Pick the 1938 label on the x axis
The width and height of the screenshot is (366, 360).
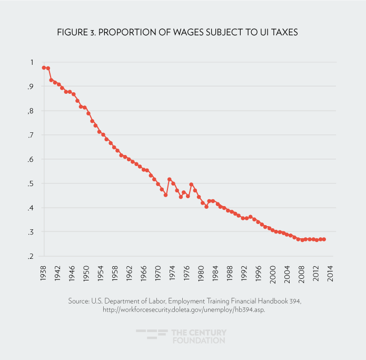click(44, 275)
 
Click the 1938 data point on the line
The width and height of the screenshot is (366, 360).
click(44, 67)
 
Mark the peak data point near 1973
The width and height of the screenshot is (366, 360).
click(169, 179)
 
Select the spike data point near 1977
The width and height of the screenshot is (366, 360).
click(191, 184)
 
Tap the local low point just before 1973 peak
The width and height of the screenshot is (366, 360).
click(165, 195)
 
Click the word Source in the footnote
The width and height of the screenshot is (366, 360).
click(78, 301)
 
